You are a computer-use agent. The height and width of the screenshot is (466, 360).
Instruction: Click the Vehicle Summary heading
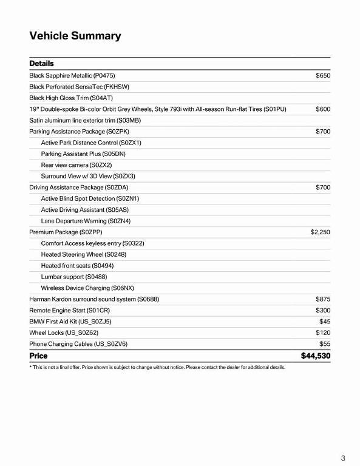pyautogui.click(x=75, y=36)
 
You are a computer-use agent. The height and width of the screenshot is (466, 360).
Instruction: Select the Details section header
pyautogui.click(x=41, y=64)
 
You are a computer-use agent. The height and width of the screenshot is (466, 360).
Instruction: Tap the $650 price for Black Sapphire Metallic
pyautogui.click(x=322, y=76)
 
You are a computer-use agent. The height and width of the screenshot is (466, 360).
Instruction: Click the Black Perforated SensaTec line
pyautogui.click(x=79, y=87)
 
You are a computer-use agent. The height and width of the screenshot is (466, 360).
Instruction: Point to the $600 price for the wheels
pyautogui.click(x=322, y=109)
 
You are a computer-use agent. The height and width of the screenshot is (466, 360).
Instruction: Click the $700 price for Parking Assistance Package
pyautogui.click(x=322, y=132)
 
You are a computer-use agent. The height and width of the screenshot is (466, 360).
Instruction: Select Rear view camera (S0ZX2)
pyautogui.click(x=76, y=165)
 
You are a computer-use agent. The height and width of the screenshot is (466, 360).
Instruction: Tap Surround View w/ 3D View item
pyautogui.click(x=88, y=176)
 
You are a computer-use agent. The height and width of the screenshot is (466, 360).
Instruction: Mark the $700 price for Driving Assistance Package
pyautogui.click(x=322, y=187)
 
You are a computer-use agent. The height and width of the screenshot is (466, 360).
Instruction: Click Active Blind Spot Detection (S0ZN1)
pyautogui.click(x=90, y=198)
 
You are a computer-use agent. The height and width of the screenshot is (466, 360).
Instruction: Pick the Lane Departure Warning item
pyautogui.click(x=86, y=221)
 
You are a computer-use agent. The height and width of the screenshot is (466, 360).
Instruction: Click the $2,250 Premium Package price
pyautogui.click(x=320, y=232)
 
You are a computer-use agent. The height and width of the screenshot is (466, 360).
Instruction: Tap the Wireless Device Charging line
pyautogui.click(x=87, y=288)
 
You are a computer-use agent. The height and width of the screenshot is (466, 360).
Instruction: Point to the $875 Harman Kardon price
pyautogui.click(x=322, y=299)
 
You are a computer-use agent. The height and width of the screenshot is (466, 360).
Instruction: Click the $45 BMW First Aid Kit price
pyautogui.click(x=324, y=322)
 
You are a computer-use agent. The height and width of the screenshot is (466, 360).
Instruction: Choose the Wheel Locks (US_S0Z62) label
pyautogui.click(x=64, y=333)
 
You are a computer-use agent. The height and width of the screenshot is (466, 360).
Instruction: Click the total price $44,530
pyautogui.click(x=315, y=356)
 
